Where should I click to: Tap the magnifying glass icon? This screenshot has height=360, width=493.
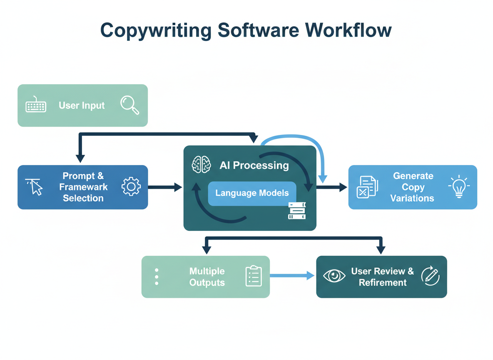pos(129,105)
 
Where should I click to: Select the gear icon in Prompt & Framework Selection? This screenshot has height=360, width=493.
pos(131,187)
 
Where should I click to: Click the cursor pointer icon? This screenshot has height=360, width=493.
pos(35,187)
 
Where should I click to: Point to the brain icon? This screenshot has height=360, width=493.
pos(201,165)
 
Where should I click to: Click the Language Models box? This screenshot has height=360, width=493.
pos(252,193)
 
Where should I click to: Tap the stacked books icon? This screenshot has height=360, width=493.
pos(297,211)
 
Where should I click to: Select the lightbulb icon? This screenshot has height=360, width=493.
pos(459,187)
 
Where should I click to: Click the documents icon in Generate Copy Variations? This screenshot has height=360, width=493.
pos(367,187)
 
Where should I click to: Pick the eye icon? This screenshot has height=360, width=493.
pos(334,276)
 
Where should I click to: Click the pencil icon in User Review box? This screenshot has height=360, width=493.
pos(430,276)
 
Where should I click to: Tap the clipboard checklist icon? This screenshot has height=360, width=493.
pos(254,276)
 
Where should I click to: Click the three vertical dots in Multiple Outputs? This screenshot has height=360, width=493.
pos(157,277)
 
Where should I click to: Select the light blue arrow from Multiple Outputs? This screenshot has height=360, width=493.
pos(291,275)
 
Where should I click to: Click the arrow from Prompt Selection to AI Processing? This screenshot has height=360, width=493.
pos(165,187)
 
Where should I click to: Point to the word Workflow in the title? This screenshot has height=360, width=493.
pos(349,31)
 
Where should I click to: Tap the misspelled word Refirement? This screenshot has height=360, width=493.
pos(383,282)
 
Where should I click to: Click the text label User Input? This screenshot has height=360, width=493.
pos(82,105)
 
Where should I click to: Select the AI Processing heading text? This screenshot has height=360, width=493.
pos(254,165)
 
